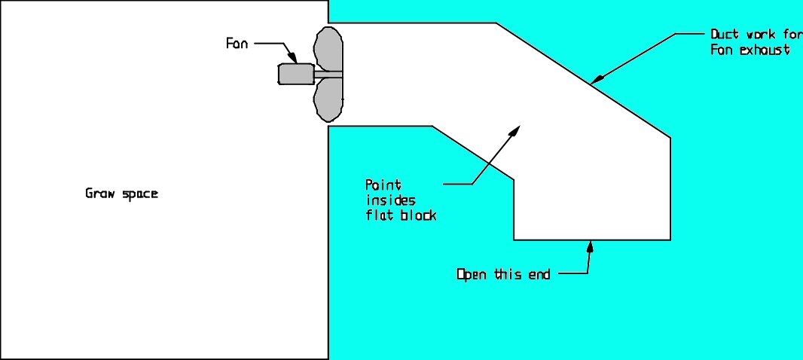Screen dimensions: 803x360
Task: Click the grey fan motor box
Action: tap(296, 74)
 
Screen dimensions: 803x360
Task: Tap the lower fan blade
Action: tap(329, 100)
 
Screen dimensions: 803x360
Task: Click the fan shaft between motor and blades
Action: tap(328, 75)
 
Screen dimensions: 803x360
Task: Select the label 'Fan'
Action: tap(237, 44)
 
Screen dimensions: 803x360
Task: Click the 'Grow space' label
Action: tap(121, 194)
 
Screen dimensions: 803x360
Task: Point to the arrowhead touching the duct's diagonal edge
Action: tap(597, 79)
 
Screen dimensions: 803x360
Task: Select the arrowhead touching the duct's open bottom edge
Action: tap(591, 247)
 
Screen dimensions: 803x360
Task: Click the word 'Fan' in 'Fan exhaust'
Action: tap(722, 50)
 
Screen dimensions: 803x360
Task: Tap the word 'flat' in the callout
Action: tap(378, 215)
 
